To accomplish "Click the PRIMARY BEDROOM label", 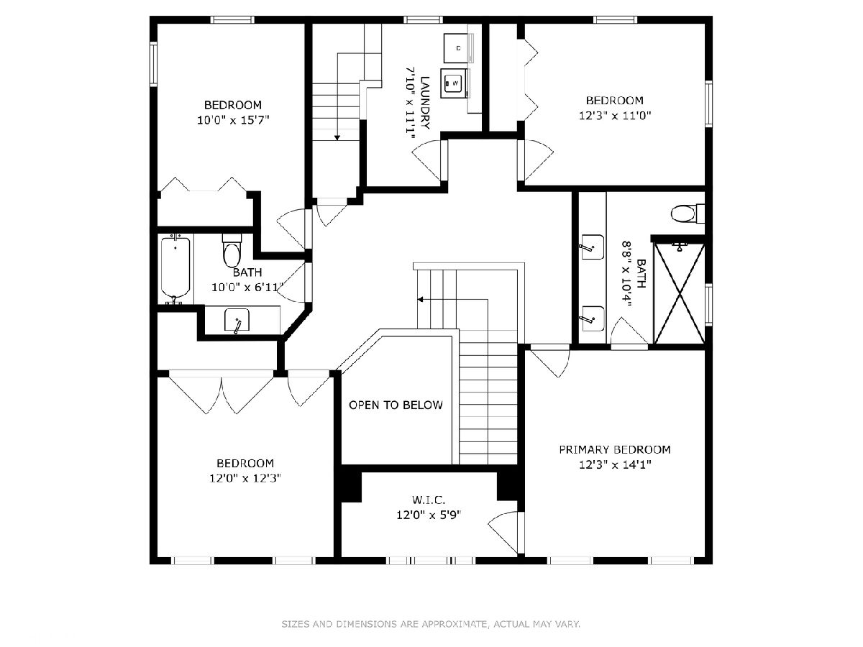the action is tap(614, 449).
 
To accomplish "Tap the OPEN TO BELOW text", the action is tap(396, 405).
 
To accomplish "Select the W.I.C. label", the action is tap(429, 500).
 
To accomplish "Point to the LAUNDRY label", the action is tap(425, 103).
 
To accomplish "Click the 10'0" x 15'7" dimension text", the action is tap(233, 120).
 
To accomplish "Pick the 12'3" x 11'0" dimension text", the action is tap(615, 116).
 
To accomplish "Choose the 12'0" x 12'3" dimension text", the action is tap(245, 478).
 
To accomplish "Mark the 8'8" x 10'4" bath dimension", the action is tap(626, 274).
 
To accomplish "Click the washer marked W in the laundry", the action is tap(454, 83).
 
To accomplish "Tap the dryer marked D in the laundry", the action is tap(457, 48).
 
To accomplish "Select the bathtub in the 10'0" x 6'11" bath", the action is tap(175, 269).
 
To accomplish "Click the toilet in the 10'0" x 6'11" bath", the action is tap(231, 251).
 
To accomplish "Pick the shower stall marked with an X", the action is tap(679, 293).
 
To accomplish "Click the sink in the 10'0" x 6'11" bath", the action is tap(237, 320).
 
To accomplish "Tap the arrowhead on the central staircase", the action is tap(420, 300).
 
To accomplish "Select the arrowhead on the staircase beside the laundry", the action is tap(337, 137).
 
